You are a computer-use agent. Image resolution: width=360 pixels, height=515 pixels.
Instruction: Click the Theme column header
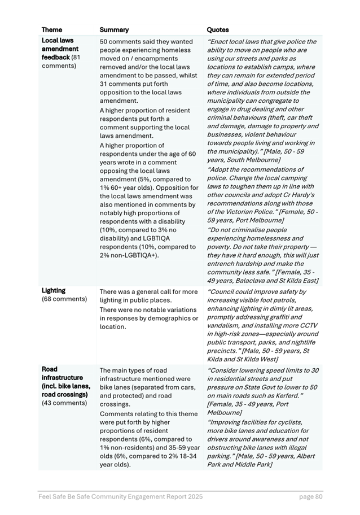pyautogui.click(x=52, y=29)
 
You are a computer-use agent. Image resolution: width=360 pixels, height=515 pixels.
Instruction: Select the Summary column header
pyautogui.click(x=114, y=29)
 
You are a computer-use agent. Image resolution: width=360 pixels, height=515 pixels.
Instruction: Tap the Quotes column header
pyautogui.click(x=218, y=29)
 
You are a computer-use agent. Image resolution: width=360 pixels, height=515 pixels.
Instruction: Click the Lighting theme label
pyautogui.click(x=54, y=291)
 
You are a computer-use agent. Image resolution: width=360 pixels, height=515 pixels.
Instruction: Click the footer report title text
pyautogui.click(x=120, y=497)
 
